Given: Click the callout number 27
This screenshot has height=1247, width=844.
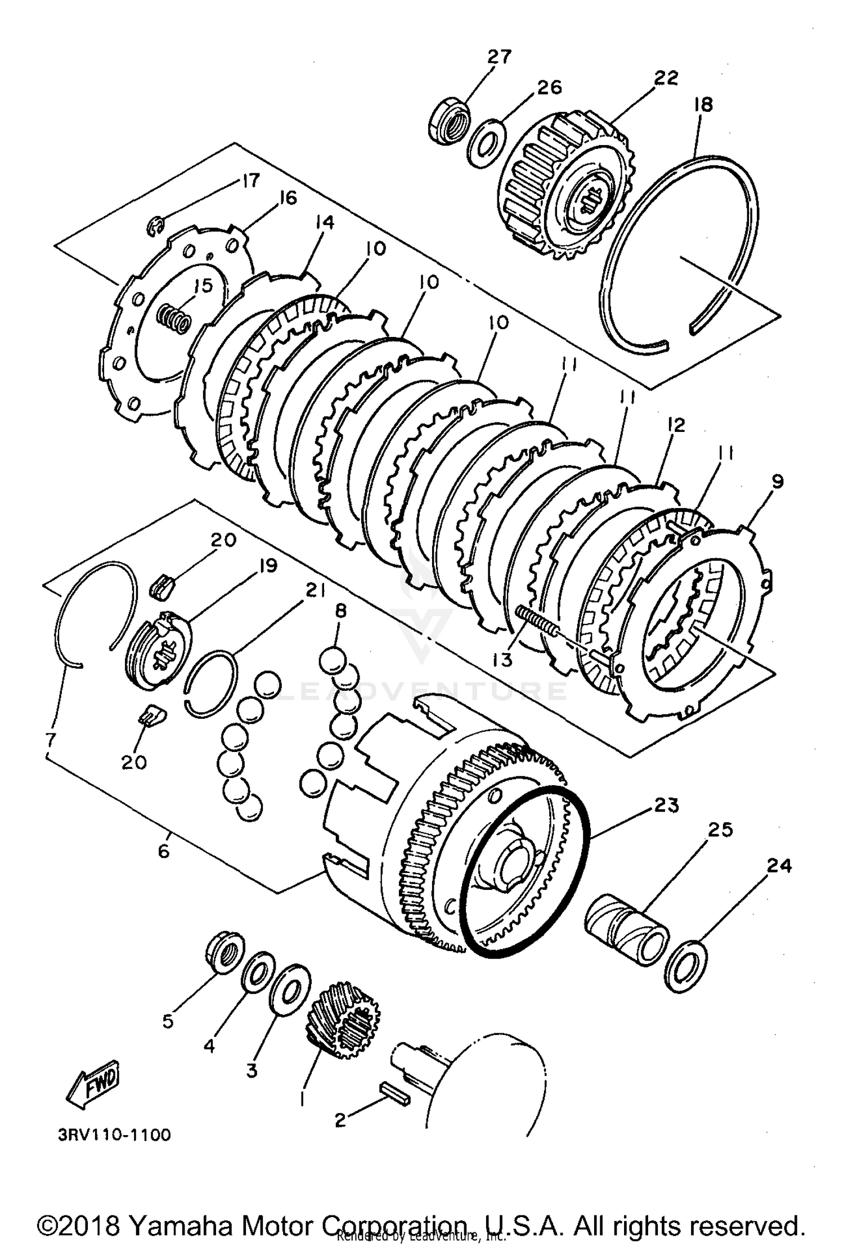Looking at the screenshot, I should point(499,57).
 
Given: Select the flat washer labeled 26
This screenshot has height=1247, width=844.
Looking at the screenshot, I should point(486,143).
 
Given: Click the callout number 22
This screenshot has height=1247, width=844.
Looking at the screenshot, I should point(666,78).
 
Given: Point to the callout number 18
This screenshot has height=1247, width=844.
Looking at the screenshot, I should point(703,105).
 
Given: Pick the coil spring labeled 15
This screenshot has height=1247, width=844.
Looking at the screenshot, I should point(174,318).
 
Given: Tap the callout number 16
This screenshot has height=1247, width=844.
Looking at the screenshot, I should point(287,198).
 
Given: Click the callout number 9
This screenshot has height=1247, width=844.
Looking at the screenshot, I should point(777,481).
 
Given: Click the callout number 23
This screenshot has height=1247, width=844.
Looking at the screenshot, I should point(666,805).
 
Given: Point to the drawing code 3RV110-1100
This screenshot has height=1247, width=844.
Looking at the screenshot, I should point(114,1135).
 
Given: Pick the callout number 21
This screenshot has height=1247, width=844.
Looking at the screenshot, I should point(315,590).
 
